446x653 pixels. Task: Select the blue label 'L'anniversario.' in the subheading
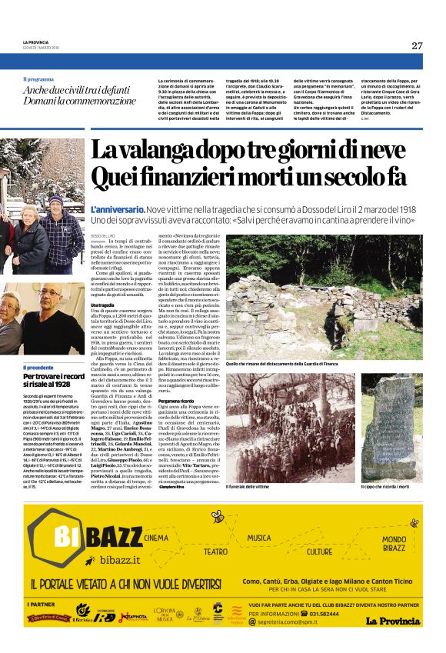pos(117,209)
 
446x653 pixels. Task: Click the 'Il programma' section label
pos(38,79)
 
